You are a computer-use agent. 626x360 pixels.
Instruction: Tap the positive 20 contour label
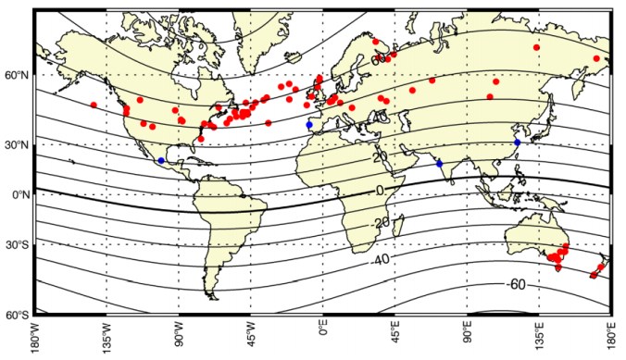pyautogui.click(x=379, y=156)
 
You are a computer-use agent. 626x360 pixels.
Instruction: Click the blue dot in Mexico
pyautogui.click(x=161, y=160)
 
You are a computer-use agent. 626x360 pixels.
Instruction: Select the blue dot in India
pyautogui.click(x=440, y=163)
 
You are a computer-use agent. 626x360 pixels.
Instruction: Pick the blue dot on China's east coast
pyautogui.click(x=517, y=142)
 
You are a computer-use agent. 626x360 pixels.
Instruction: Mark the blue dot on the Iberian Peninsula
pyautogui.click(x=309, y=125)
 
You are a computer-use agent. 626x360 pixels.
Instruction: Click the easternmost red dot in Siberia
pyautogui.click(x=596, y=58)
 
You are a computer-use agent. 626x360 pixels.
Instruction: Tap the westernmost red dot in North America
pyautogui.click(x=94, y=105)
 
